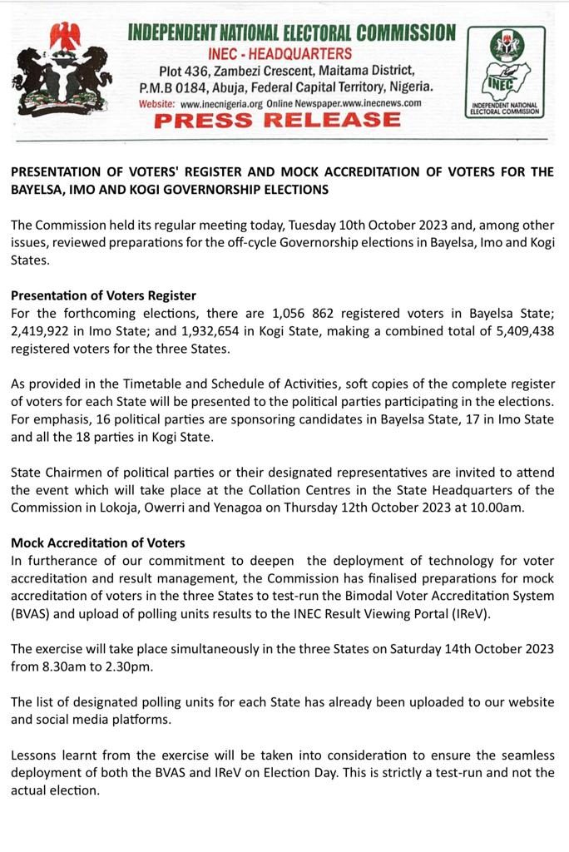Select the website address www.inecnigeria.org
[221, 103]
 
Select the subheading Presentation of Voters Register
[103, 295]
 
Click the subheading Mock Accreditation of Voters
[98, 542]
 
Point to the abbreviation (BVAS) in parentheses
[32, 614]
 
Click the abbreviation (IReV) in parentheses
[472, 614]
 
